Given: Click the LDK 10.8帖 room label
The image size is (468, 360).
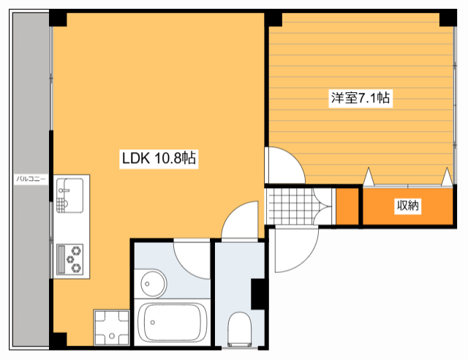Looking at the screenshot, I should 158,157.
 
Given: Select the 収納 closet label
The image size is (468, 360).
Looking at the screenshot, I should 408,206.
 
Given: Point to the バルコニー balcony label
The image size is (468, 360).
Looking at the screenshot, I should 31,179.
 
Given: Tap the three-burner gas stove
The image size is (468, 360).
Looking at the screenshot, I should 71,258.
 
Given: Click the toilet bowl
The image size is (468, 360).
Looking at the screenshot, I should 239,327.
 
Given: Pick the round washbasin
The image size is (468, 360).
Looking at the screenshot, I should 153,280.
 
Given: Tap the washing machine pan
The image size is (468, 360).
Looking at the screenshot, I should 111,328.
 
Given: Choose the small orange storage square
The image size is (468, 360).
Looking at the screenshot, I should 347,206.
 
